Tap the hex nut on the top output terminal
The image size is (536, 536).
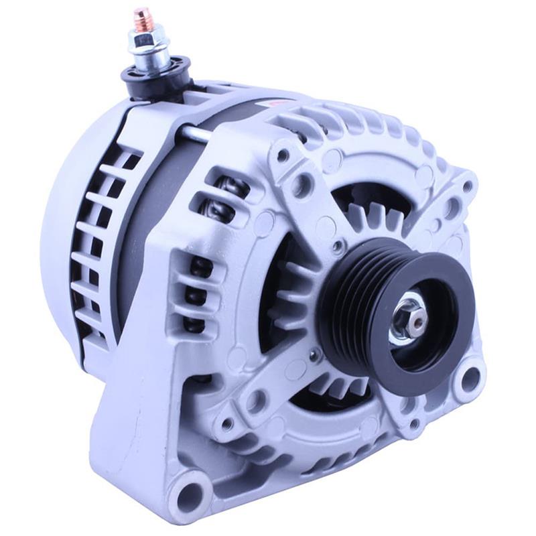click(x=145, y=41)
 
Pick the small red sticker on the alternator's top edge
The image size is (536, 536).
click(x=276, y=104)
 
